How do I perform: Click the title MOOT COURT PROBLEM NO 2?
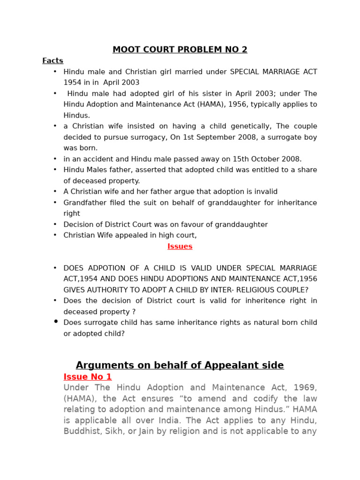tap(180, 50)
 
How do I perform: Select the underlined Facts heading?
tap(52, 60)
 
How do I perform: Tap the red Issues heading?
tap(180, 247)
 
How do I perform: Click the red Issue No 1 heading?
tap(88, 377)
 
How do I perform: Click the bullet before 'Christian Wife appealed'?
tap(55, 235)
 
